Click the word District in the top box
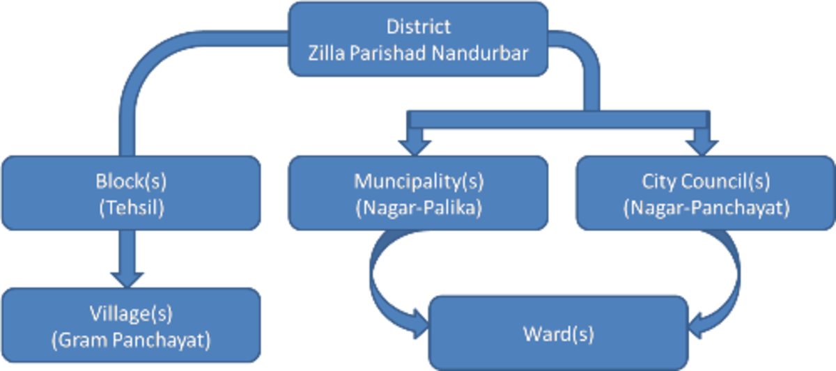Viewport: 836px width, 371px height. click(x=419, y=27)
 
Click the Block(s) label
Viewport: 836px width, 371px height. click(x=131, y=182)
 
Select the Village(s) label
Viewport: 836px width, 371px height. click(x=131, y=315)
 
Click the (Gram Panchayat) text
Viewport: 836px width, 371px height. click(x=131, y=340)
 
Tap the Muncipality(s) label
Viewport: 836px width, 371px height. click(x=419, y=182)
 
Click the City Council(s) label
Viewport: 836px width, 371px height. click(x=706, y=182)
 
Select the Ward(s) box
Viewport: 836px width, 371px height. click(x=558, y=333)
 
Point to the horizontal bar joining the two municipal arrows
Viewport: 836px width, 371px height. click(x=557, y=120)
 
